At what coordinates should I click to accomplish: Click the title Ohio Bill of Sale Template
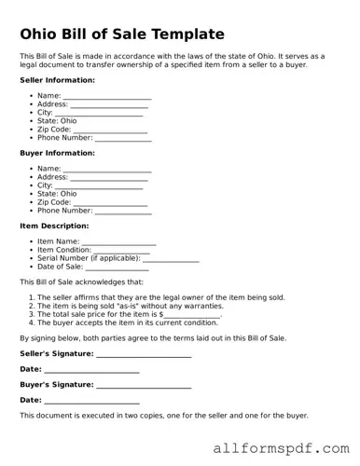coord(122,34)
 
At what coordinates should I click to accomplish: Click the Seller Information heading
coord(56,80)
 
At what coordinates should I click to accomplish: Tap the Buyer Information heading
coord(57,153)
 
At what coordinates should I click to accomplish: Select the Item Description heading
coord(54,226)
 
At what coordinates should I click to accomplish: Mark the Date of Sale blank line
coord(117,267)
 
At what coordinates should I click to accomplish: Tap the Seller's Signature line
coord(144,355)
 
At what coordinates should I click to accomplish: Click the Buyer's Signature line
coord(144,385)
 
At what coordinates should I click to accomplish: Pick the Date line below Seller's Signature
coord(91,370)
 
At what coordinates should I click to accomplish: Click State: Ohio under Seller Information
coord(57,121)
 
